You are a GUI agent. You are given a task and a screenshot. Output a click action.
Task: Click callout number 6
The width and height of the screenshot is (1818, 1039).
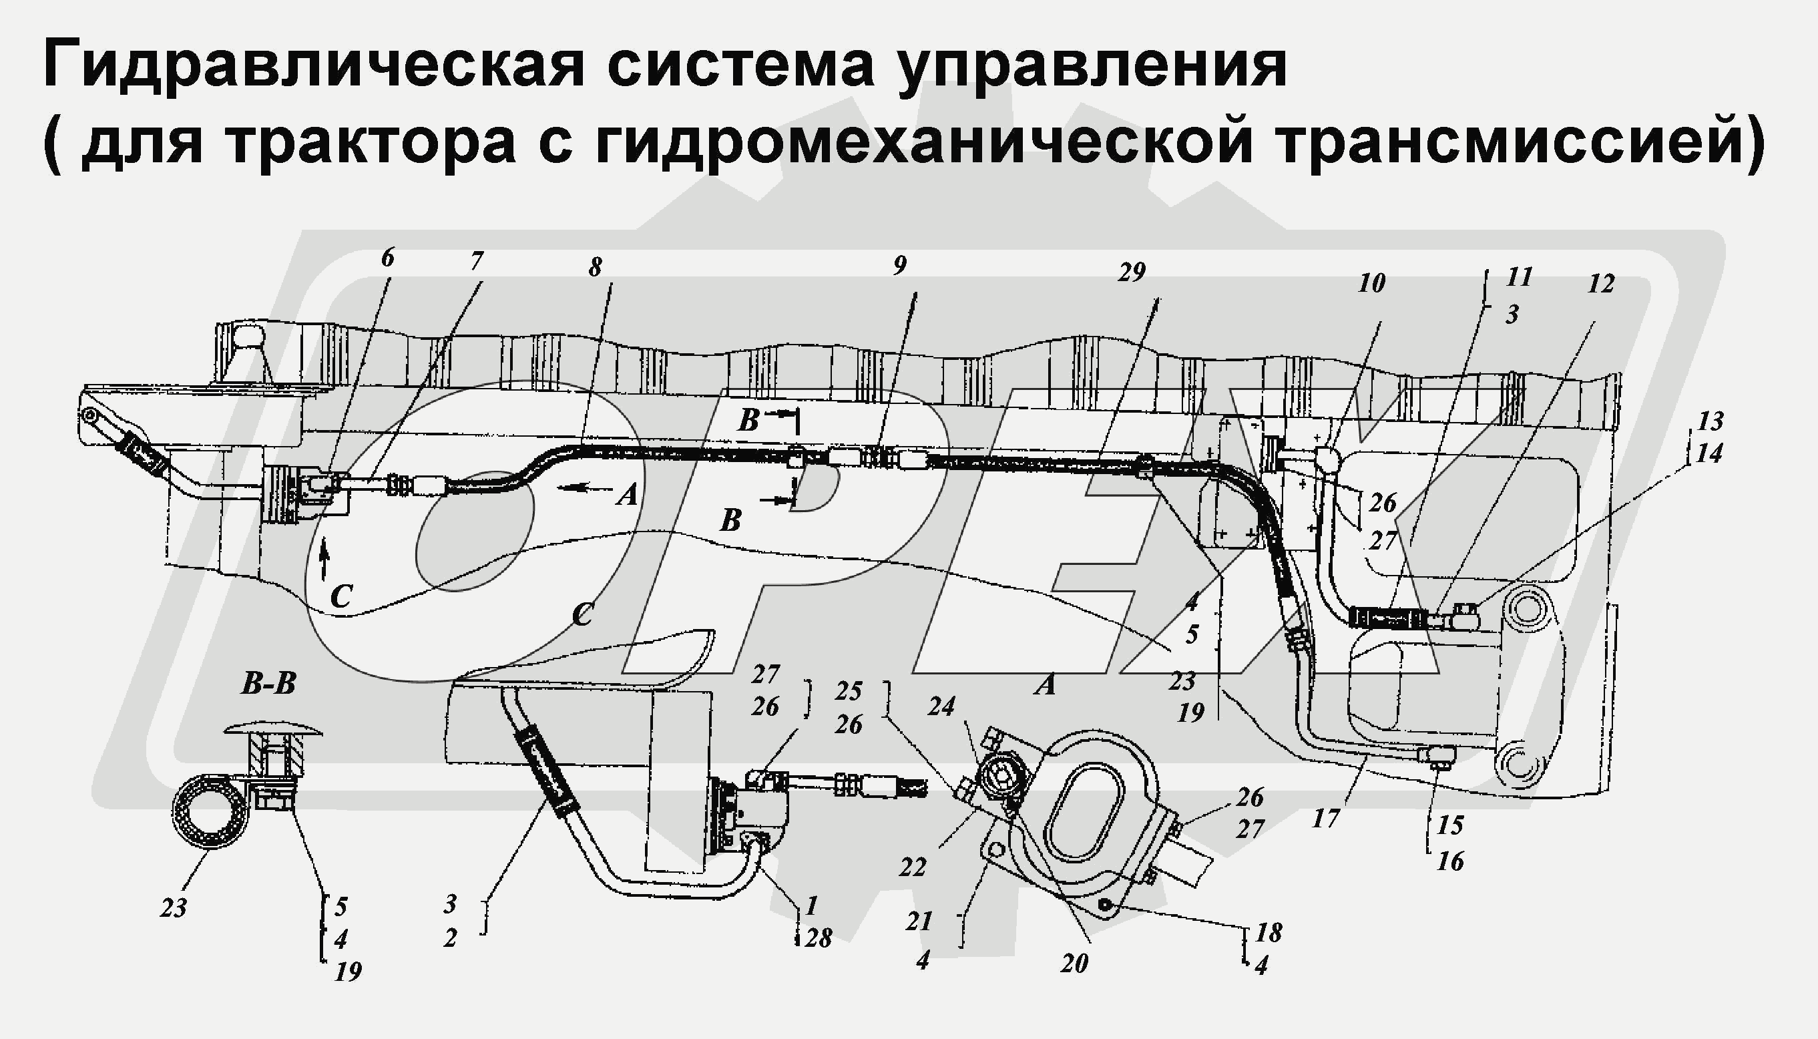(x=387, y=258)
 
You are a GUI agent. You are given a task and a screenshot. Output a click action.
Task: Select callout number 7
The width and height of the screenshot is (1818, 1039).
(x=476, y=261)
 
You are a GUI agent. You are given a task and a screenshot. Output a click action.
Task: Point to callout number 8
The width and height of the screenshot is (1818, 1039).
(x=595, y=268)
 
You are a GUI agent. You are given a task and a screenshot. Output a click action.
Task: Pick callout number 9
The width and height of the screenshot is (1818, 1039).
(x=900, y=266)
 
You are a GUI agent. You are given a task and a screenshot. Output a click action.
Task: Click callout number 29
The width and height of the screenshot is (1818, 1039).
(x=1132, y=272)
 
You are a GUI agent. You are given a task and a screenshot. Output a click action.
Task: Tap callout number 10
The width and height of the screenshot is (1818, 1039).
(x=1371, y=283)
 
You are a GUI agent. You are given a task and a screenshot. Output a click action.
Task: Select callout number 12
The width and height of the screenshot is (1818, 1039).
(x=1601, y=284)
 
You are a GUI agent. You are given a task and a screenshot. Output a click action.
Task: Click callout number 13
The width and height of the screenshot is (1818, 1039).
(x=1710, y=421)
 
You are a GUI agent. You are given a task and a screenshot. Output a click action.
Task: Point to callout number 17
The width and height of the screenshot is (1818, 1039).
(x=1326, y=819)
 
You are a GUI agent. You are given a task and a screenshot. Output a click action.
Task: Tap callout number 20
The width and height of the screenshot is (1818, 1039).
(x=1074, y=964)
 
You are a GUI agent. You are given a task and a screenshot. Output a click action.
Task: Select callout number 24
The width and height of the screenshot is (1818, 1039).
(x=941, y=706)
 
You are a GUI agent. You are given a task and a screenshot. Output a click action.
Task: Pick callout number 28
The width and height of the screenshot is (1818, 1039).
(x=819, y=938)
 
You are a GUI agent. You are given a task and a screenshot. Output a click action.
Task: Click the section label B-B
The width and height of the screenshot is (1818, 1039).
(x=268, y=684)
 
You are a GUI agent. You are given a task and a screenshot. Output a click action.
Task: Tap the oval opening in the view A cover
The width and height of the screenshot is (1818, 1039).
(x=1084, y=809)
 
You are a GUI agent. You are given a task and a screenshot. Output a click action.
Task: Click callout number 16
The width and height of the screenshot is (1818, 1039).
(x=1450, y=861)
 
